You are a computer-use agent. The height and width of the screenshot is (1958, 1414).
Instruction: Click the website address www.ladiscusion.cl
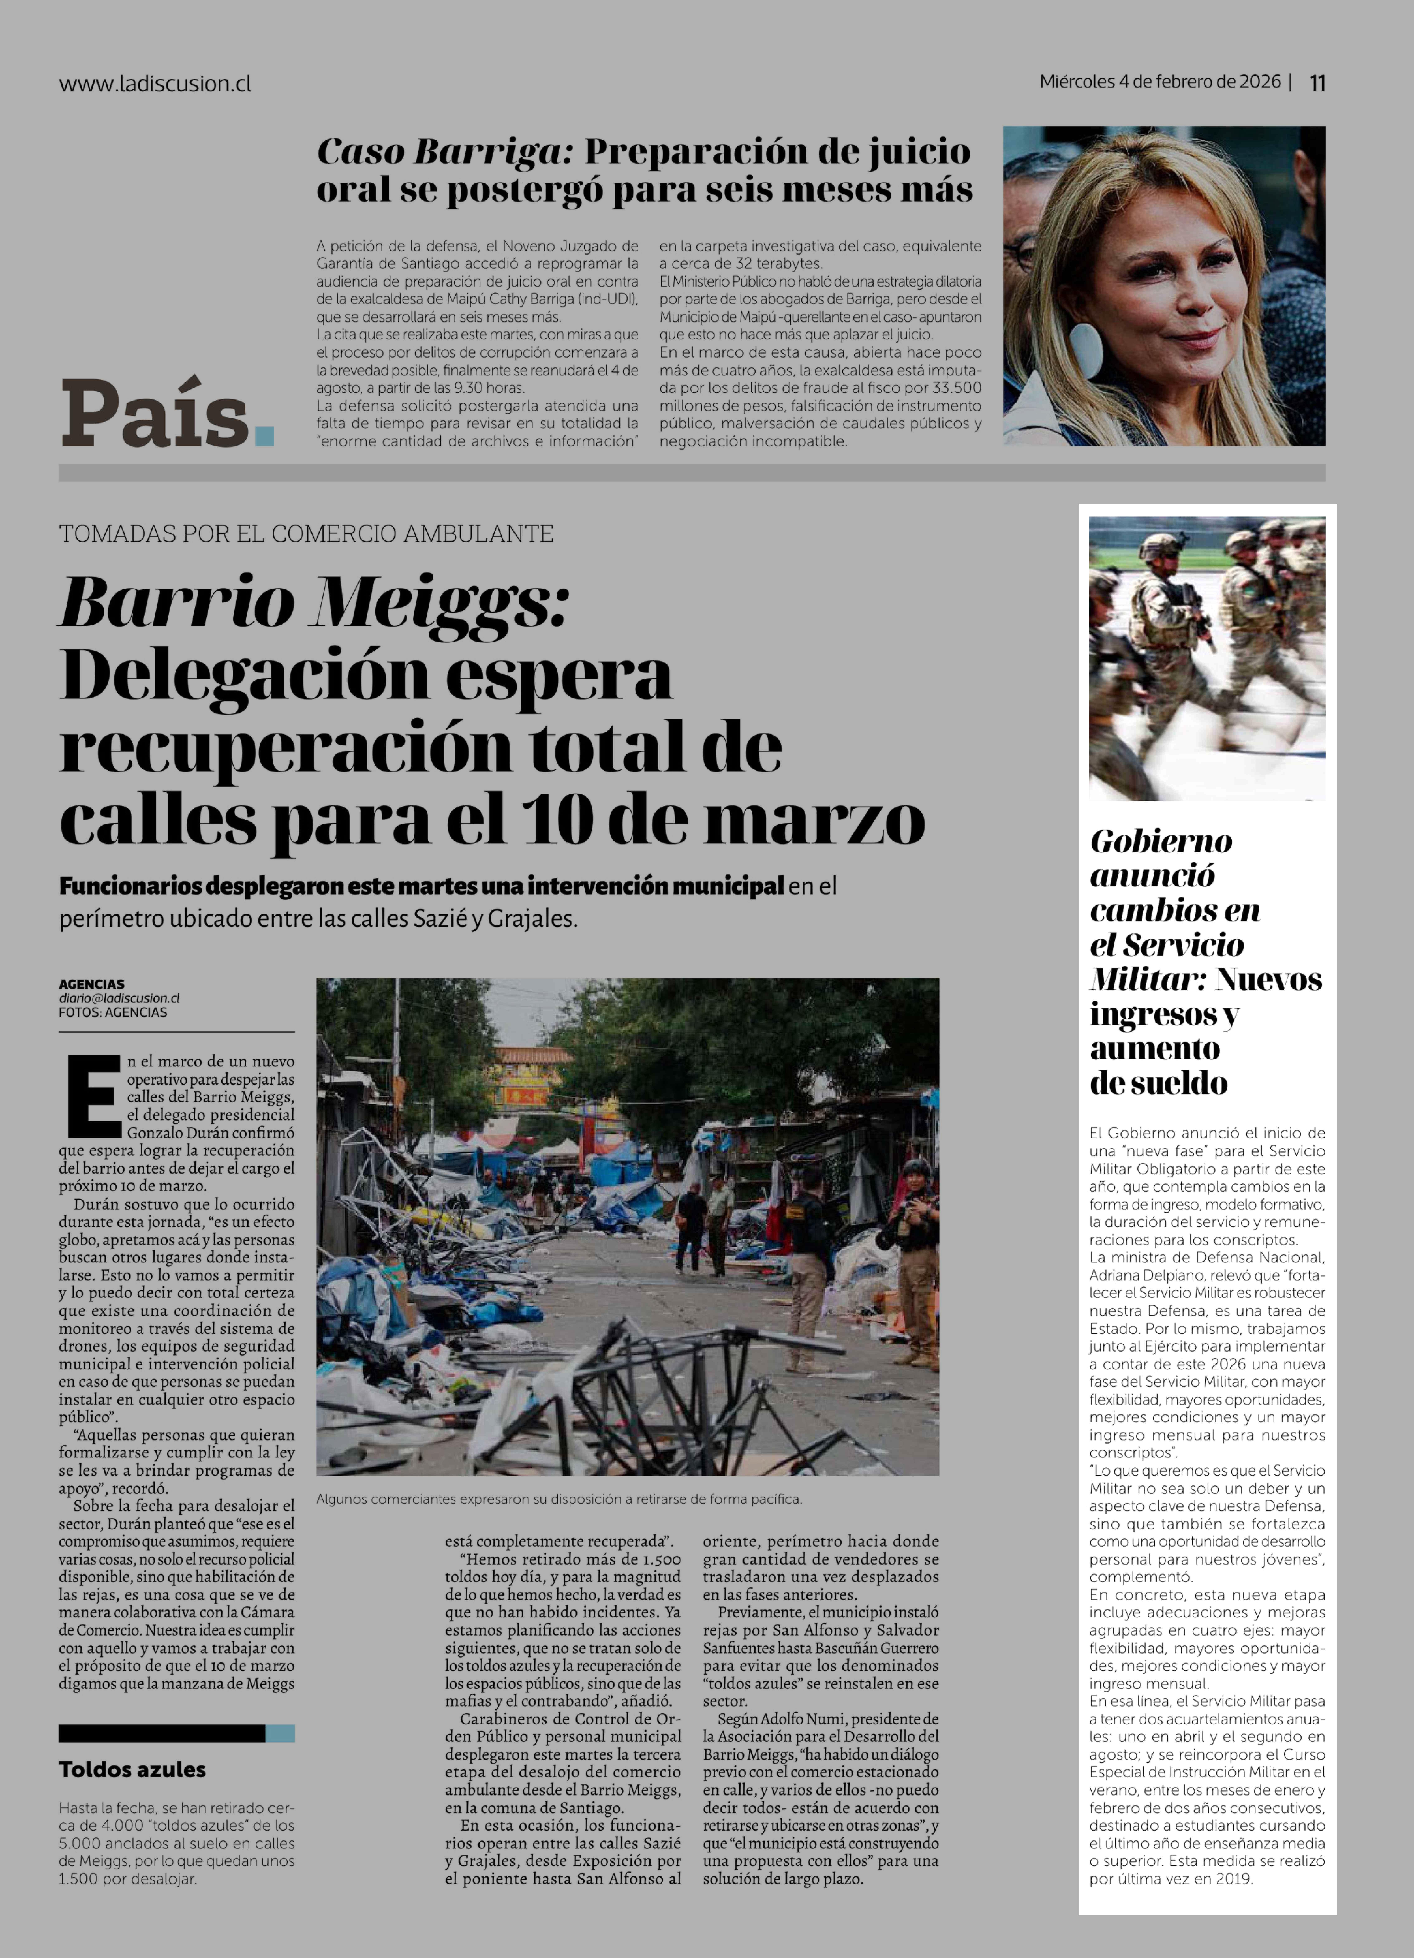[x=155, y=84]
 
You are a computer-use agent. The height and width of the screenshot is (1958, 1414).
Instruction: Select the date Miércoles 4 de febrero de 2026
[x=1159, y=82]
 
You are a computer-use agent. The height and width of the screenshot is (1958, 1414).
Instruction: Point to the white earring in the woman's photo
[x=1086, y=348]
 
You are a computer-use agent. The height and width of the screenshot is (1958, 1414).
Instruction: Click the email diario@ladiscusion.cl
[x=119, y=998]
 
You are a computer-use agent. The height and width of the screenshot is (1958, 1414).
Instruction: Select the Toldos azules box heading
[x=132, y=1769]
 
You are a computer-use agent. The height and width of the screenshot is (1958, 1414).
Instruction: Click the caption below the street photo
[x=559, y=1499]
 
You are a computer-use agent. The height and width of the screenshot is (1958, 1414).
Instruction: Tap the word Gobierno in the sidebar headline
[x=1160, y=842]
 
